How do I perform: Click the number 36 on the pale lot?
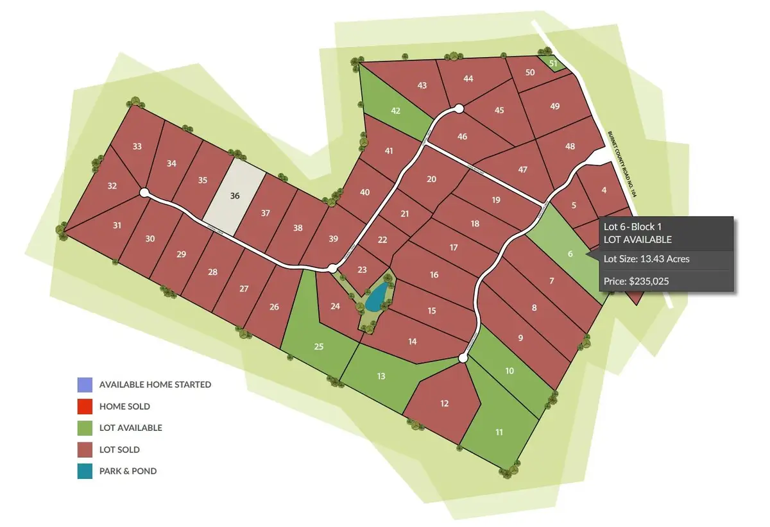pos(235,196)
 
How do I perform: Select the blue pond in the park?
pos(377,296)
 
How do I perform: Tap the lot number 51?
pos(554,63)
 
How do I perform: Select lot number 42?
pos(396,110)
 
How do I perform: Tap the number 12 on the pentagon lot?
pos(444,404)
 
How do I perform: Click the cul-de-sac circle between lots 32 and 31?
pos(144,192)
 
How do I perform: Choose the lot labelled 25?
pos(319,347)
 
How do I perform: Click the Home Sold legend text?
pos(124,406)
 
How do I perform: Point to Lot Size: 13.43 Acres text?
pos(647,259)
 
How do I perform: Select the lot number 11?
pos(499,432)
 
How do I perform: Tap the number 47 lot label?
pos(522,169)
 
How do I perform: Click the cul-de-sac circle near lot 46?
pos(459,109)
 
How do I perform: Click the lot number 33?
pos(137,146)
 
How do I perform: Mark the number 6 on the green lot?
pos(569,253)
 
